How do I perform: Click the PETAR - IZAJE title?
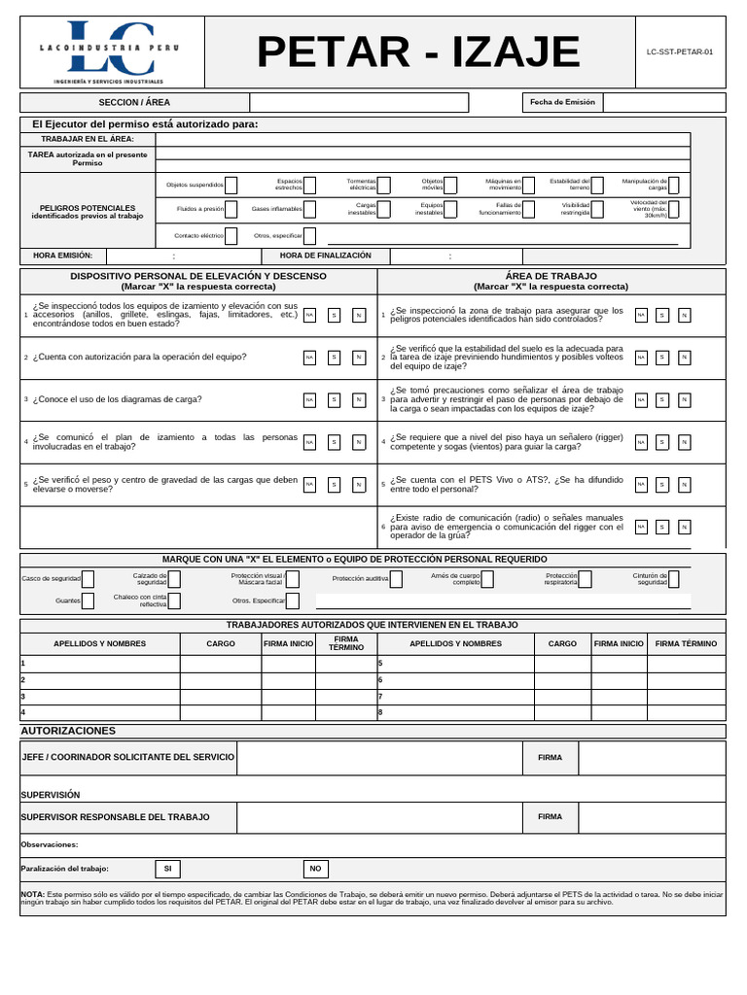418,52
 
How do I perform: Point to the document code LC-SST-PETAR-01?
679,52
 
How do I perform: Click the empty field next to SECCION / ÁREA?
358,102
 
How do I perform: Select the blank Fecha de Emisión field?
663,102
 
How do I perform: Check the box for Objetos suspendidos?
231,185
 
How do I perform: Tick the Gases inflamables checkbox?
309,209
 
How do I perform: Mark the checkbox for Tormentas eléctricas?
384,185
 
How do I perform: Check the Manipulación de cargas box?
673,185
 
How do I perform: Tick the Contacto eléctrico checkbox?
231,235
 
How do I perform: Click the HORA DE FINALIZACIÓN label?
325,256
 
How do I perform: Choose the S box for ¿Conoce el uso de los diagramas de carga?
334,399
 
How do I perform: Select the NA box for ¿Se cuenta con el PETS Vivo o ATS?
641,484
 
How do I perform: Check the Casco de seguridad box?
88,579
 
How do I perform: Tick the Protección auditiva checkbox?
396,579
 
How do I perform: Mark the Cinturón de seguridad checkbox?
674,579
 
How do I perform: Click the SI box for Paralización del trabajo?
167,869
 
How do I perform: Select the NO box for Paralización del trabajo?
315,869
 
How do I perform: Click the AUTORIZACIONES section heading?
68,731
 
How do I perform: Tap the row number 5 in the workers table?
381,664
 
